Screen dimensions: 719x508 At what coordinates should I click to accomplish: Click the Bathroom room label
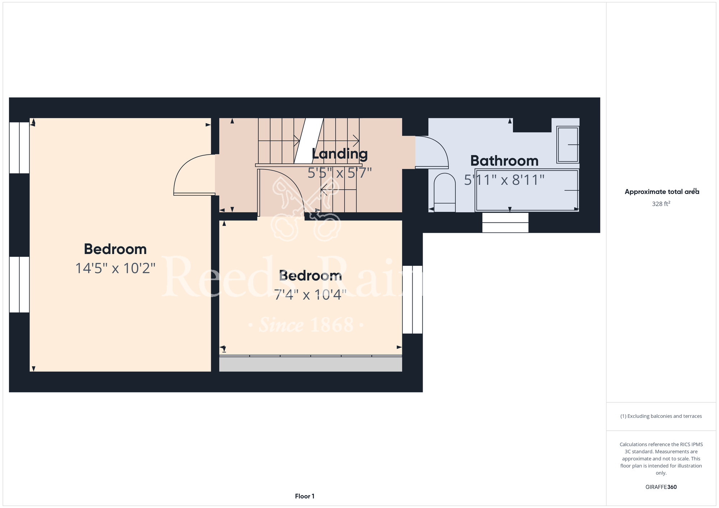coord(504,161)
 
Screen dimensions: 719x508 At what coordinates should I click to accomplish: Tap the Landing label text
coord(340,154)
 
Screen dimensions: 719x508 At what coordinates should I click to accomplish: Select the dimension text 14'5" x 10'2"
coord(115,268)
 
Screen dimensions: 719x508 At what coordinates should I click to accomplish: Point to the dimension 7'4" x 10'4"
coord(310,295)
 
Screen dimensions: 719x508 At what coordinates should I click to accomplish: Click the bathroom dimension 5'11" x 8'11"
coord(504,180)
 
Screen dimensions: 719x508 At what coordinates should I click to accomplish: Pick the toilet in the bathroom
coord(445,193)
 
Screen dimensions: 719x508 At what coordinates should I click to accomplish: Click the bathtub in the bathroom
coord(527,190)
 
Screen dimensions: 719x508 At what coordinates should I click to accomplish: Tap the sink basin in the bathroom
coord(568,144)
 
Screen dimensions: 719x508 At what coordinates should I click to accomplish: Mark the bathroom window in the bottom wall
coord(505,222)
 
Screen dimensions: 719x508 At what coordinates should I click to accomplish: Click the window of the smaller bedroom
coord(412,300)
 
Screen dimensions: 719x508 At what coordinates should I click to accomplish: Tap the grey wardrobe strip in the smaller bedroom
coord(311,364)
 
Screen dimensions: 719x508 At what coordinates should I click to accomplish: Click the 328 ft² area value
coord(661,204)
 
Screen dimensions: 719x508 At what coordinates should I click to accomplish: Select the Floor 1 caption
coord(304,496)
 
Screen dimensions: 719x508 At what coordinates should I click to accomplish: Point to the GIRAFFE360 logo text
coord(661,487)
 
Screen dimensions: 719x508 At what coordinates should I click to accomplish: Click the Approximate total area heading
coord(662,191)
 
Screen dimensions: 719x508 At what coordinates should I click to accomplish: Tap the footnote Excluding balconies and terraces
coord(661,416)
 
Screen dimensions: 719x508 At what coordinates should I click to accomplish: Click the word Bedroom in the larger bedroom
coord(115,249)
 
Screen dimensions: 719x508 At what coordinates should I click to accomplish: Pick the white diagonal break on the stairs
coord(308,141)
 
